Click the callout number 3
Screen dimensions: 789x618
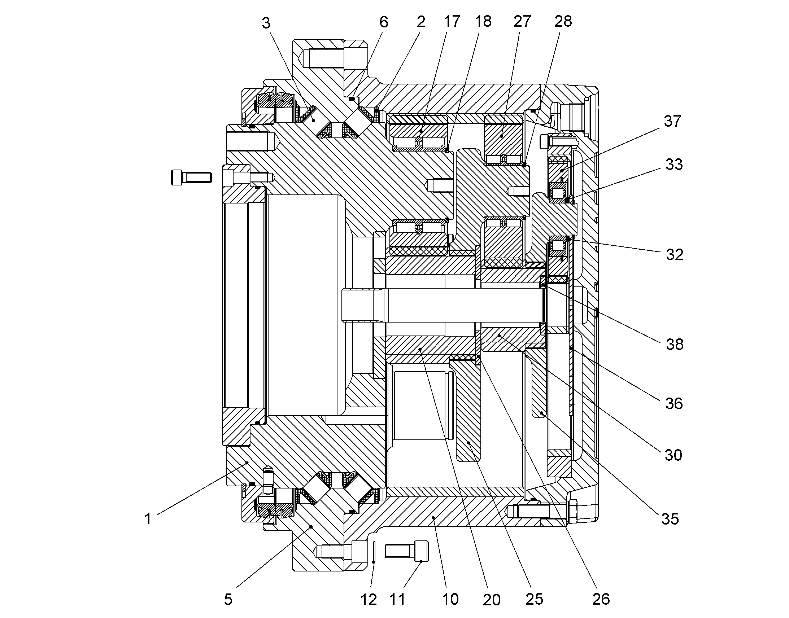(266, 23)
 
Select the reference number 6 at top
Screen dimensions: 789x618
(384, 22)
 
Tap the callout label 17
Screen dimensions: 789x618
(452, 21)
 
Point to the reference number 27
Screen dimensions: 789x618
(522, 21)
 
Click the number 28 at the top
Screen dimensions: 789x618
(563, 21)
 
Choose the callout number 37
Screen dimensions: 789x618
(672, 121)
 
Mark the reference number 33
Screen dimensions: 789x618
(674, 164)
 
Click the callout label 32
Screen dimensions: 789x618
(675, 255)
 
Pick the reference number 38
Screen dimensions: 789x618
(675, 344)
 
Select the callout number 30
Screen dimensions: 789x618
(673, 455)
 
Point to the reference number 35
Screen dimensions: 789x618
(670, 519)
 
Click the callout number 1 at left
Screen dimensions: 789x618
(148, 519)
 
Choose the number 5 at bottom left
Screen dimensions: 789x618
(228, 599)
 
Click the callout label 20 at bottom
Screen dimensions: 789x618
(492, 600)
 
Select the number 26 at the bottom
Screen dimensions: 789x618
(601, 599)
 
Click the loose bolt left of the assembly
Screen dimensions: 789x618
(191, 177)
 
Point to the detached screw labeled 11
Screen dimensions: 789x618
(406, 551)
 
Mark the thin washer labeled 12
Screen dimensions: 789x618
(374, 552)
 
